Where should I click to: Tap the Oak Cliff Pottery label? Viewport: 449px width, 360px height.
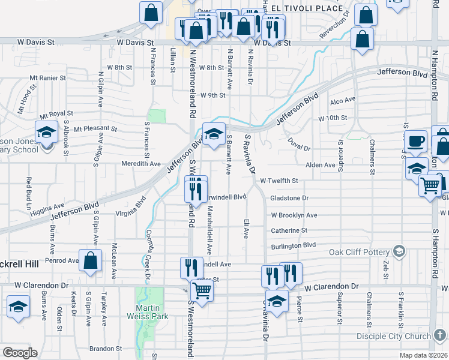click(360, 251)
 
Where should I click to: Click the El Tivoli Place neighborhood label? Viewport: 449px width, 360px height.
click(306, 8)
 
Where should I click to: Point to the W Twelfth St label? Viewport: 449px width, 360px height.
click(279, 181)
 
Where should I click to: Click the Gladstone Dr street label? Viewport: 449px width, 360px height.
click(289, 197)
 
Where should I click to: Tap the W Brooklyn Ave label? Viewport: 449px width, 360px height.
click(294, 215)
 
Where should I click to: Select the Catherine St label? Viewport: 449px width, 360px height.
click(289, 230)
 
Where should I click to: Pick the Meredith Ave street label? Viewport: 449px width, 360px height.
click(141, 163)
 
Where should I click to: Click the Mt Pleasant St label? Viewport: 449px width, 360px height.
click(95, 128)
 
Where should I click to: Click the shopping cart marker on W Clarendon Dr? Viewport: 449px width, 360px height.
click(203, 290)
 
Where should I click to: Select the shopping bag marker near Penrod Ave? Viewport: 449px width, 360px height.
click(90, 261)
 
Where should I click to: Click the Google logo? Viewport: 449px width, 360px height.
click(20, 352)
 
